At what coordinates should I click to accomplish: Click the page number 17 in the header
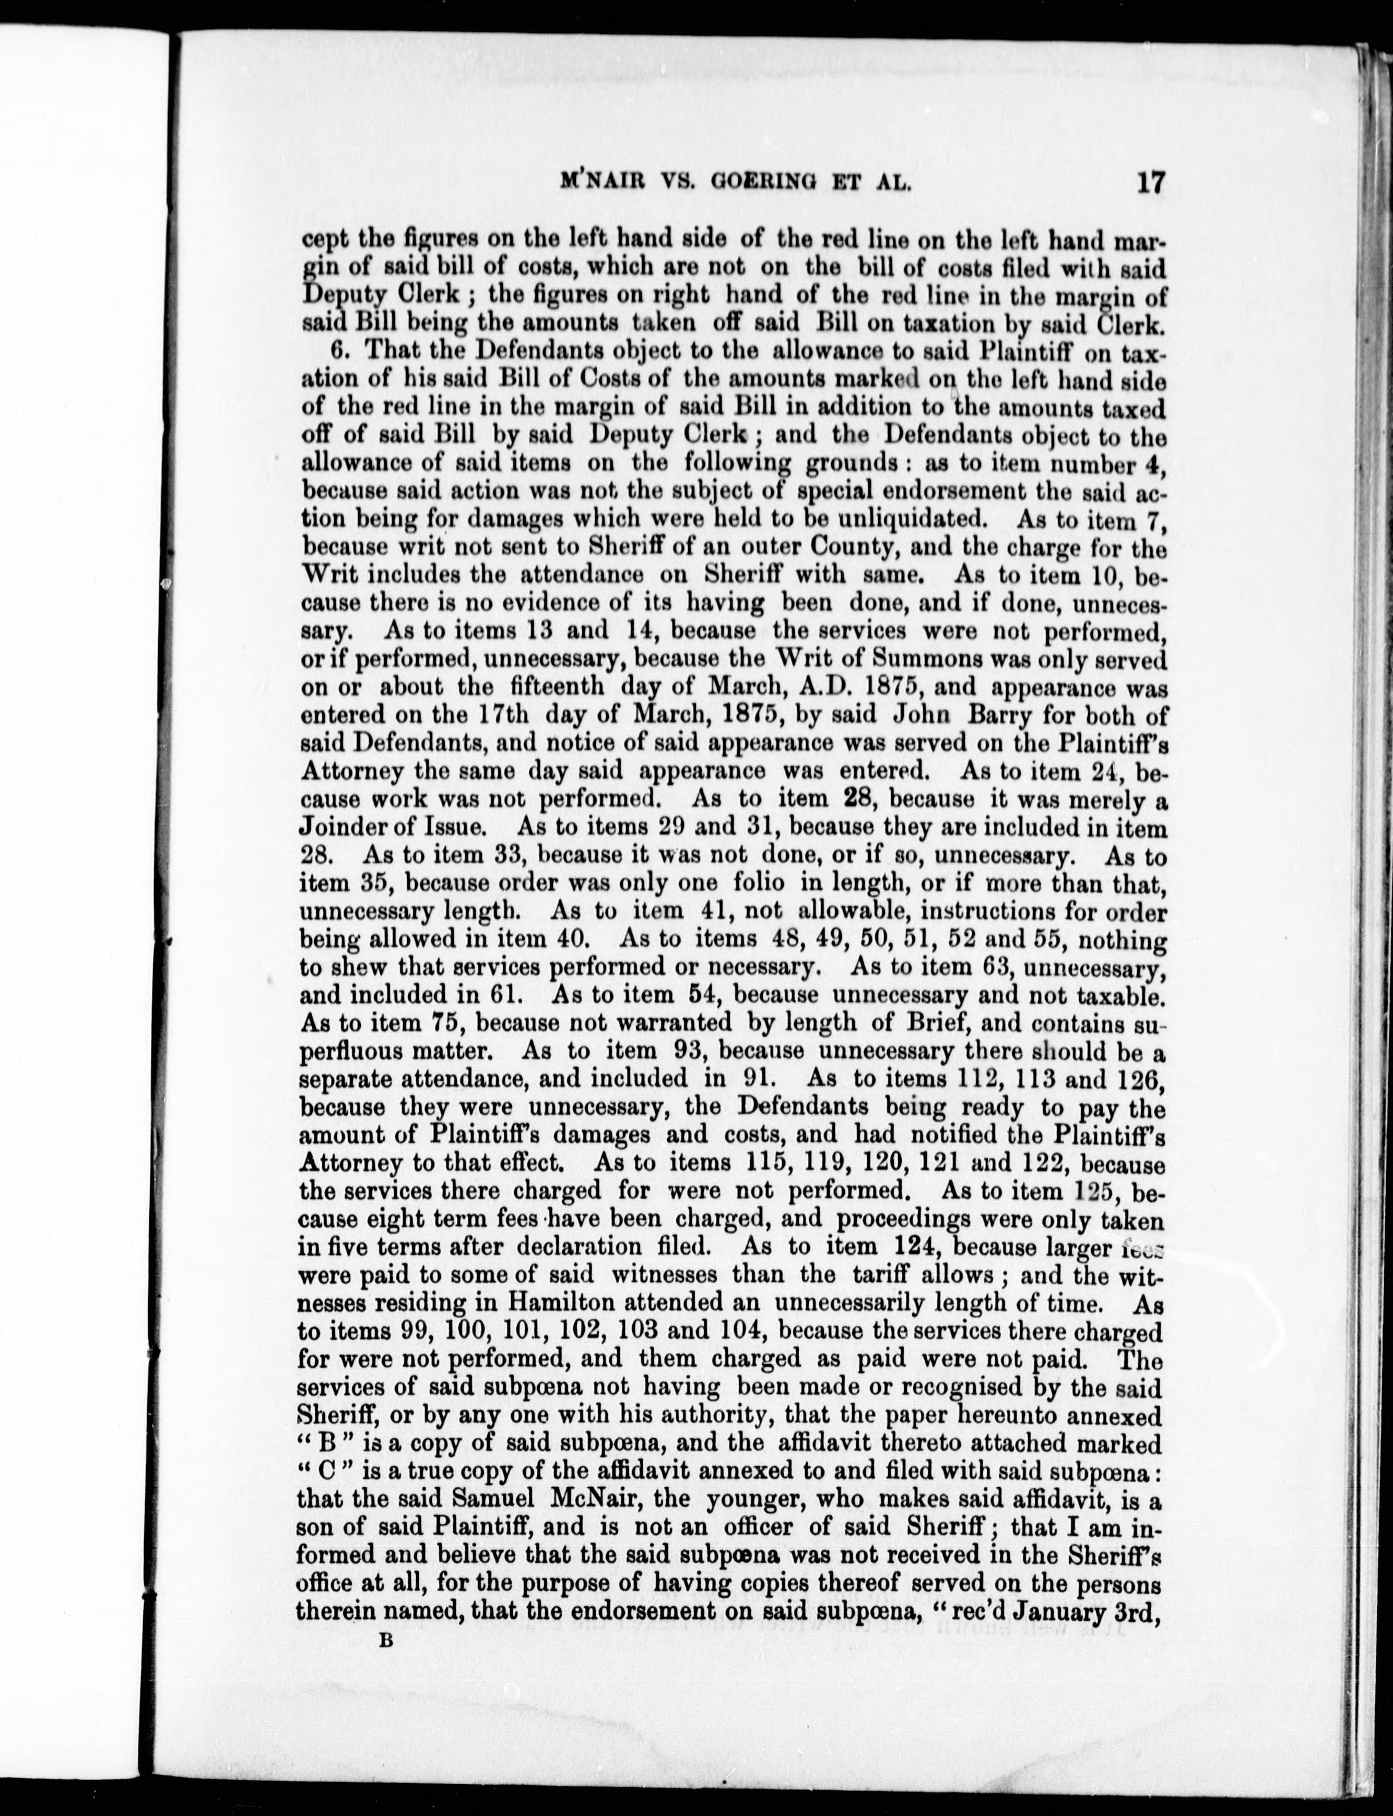pos(1151,182)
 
